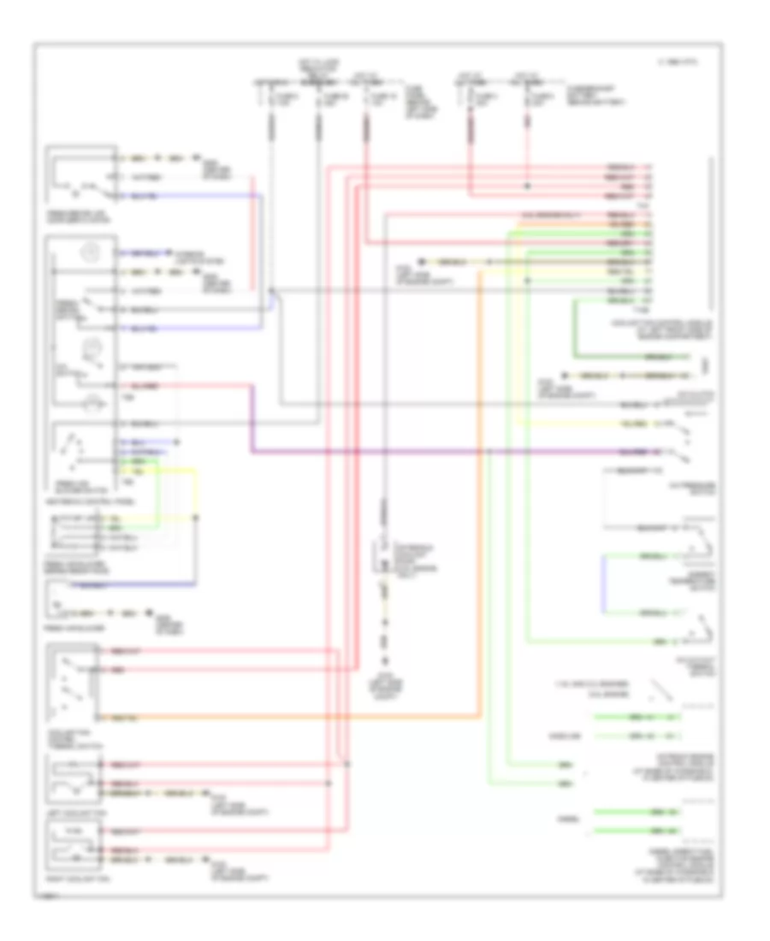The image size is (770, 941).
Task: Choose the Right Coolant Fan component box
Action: click(75, 846)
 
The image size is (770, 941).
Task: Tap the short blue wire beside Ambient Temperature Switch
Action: click(604, 584)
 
